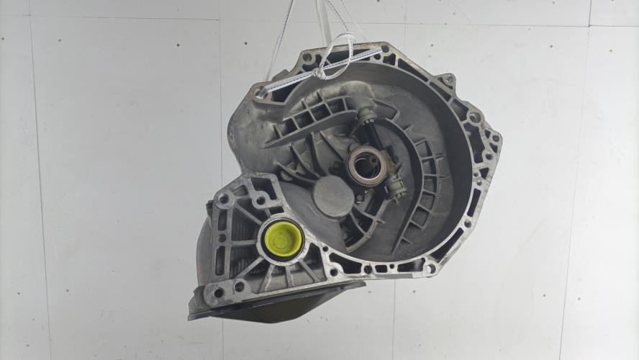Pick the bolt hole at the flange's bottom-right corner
[x=430, y=268]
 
